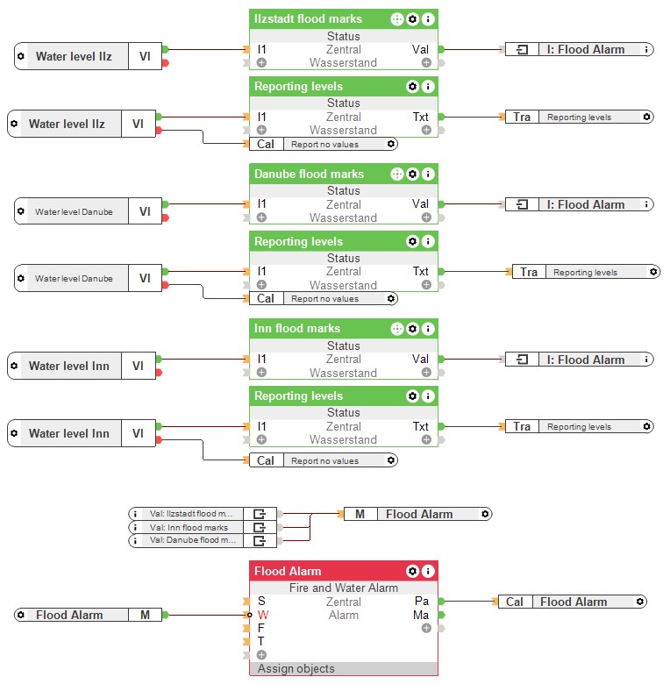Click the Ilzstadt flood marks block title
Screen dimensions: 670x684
308,18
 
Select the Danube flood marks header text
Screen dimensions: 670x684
309,174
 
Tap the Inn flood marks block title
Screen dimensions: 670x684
297,329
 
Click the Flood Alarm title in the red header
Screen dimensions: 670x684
288,571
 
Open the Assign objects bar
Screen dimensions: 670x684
343,668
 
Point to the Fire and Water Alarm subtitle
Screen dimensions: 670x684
343,588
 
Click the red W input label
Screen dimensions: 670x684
262,615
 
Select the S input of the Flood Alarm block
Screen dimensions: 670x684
261,601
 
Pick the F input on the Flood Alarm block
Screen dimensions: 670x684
260,628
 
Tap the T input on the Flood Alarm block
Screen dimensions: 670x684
260,641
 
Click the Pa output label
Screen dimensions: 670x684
421,601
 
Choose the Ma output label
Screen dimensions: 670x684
421,615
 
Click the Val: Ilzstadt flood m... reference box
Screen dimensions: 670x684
203,514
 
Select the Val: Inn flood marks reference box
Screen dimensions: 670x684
203,527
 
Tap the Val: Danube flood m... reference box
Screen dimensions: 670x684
203,540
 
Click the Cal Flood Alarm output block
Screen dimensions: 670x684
573,602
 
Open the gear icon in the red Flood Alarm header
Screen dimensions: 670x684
412,571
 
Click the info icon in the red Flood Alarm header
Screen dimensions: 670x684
428,571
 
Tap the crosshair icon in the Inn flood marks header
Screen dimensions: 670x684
397,329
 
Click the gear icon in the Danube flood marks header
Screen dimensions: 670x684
412,174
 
